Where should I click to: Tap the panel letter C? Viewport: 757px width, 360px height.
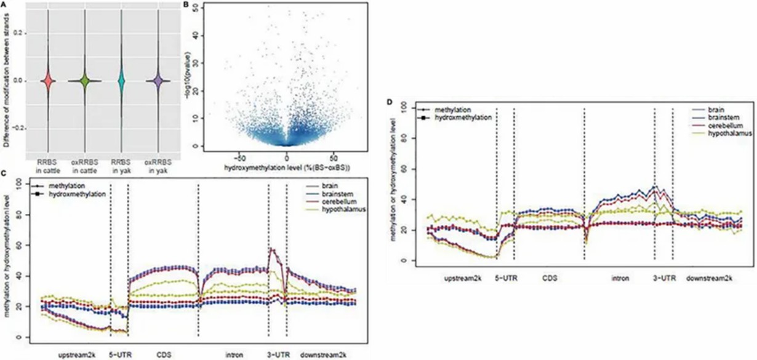(x=4, y=174)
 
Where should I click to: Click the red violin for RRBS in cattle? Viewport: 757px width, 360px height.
(x=49, y=81)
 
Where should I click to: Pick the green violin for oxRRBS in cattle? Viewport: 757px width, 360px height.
(x=86, y=81)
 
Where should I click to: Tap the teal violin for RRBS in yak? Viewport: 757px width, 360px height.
(x=122, y=81)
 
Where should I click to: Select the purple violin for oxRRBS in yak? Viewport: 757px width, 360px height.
(x=158, y=81)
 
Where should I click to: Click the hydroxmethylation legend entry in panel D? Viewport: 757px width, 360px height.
(x=462, y=117)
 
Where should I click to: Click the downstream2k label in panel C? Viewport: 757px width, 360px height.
(x=323, y=354)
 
